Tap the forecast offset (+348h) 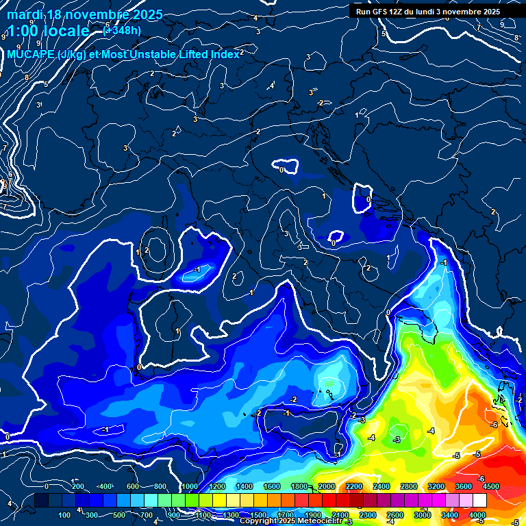tap(121, 31)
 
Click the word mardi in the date tap(24, 14)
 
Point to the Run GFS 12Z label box tap(428, 11)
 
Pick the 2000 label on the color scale tap(327, 486)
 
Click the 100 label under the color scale tap(65, 514)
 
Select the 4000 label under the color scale tap(477, 514)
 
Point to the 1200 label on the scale tap(217, 486)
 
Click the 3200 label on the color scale tap(436, 486)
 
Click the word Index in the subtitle tap(226, 54)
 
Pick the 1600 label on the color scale tap(272, 486)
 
